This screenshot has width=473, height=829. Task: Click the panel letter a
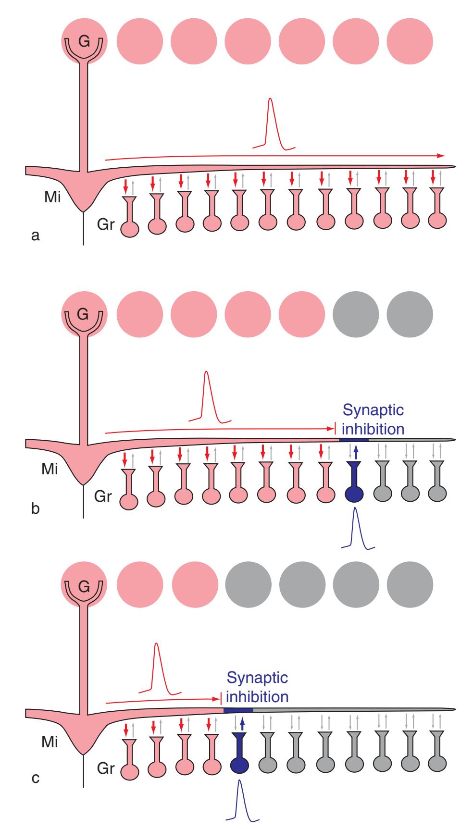35,235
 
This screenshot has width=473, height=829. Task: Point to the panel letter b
35,508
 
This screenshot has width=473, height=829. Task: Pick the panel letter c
35,778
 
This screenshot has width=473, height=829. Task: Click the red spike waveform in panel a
271,123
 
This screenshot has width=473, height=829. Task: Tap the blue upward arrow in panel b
355,452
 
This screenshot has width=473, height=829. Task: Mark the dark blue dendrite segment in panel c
238,710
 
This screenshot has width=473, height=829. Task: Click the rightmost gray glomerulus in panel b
410,314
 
